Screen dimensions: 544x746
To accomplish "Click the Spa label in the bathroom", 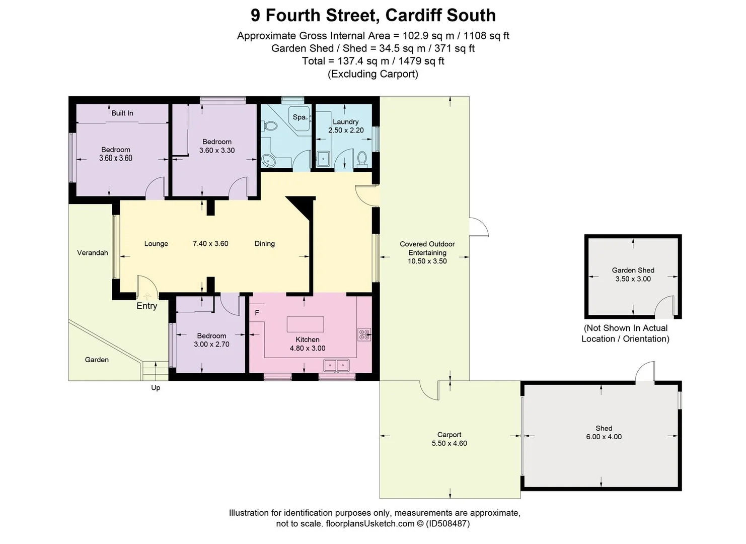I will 299,117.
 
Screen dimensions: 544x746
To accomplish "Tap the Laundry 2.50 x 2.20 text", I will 346,126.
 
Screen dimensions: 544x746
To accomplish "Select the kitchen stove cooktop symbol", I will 364,334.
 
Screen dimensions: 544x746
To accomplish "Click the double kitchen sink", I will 337,364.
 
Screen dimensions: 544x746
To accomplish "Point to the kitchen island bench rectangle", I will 306,324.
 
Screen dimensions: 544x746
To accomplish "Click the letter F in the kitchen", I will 257,313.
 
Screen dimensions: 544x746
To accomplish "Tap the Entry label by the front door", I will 147,306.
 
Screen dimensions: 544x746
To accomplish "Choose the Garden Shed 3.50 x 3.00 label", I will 633,275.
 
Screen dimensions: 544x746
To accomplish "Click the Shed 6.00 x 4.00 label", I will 604,433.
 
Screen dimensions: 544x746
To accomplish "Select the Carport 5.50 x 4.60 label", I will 449,439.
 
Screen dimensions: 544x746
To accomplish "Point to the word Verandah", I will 93,252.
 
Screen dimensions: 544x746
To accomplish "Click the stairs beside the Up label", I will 155,371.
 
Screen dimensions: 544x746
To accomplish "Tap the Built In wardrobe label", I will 122,113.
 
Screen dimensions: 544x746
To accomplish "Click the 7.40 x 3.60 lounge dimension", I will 210,243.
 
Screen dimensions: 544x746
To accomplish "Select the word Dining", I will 264,243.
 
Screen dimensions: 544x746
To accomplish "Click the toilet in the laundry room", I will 361,159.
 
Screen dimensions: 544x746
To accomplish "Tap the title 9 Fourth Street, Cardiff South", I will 373,15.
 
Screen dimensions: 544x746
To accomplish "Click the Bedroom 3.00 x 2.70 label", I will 211,340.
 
